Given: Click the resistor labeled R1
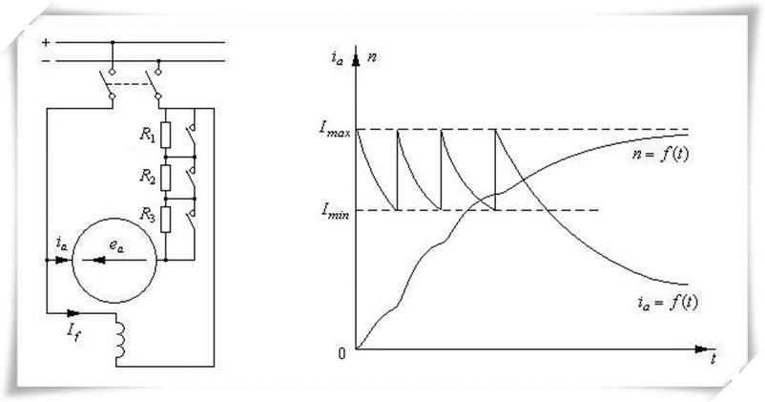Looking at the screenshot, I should click(x=166, y=135).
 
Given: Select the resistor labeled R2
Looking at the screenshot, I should click(x=166, y=178).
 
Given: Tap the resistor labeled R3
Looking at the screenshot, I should click(x=166, y=220).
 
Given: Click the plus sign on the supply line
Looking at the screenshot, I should click(x=45, y=43).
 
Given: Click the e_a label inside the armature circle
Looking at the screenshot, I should click(x=114, y=244).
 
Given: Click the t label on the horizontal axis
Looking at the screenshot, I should click(x=713, y=359).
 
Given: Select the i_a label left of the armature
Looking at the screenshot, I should click(x=61, y=244).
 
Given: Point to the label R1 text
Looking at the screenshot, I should click(x=147, y=135).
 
